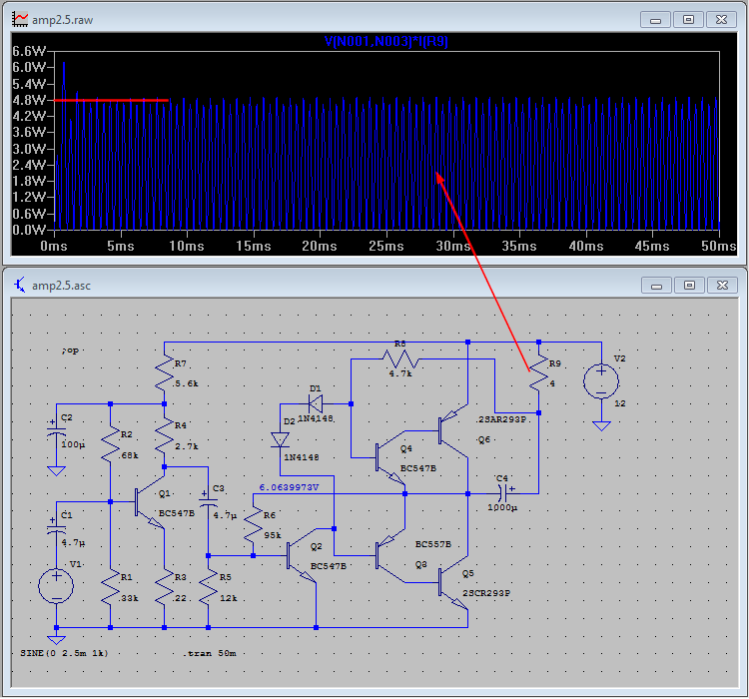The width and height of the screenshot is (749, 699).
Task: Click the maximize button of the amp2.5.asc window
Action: tap(689, 285)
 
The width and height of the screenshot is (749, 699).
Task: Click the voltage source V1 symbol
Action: tap(57, 585)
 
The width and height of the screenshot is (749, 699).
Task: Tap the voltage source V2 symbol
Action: tap(601, 381)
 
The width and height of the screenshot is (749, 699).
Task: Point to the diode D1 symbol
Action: tap(316, 404)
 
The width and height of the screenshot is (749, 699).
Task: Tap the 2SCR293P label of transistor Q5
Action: tap(487, 592)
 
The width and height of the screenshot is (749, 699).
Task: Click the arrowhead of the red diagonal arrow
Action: tap(437, 176)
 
